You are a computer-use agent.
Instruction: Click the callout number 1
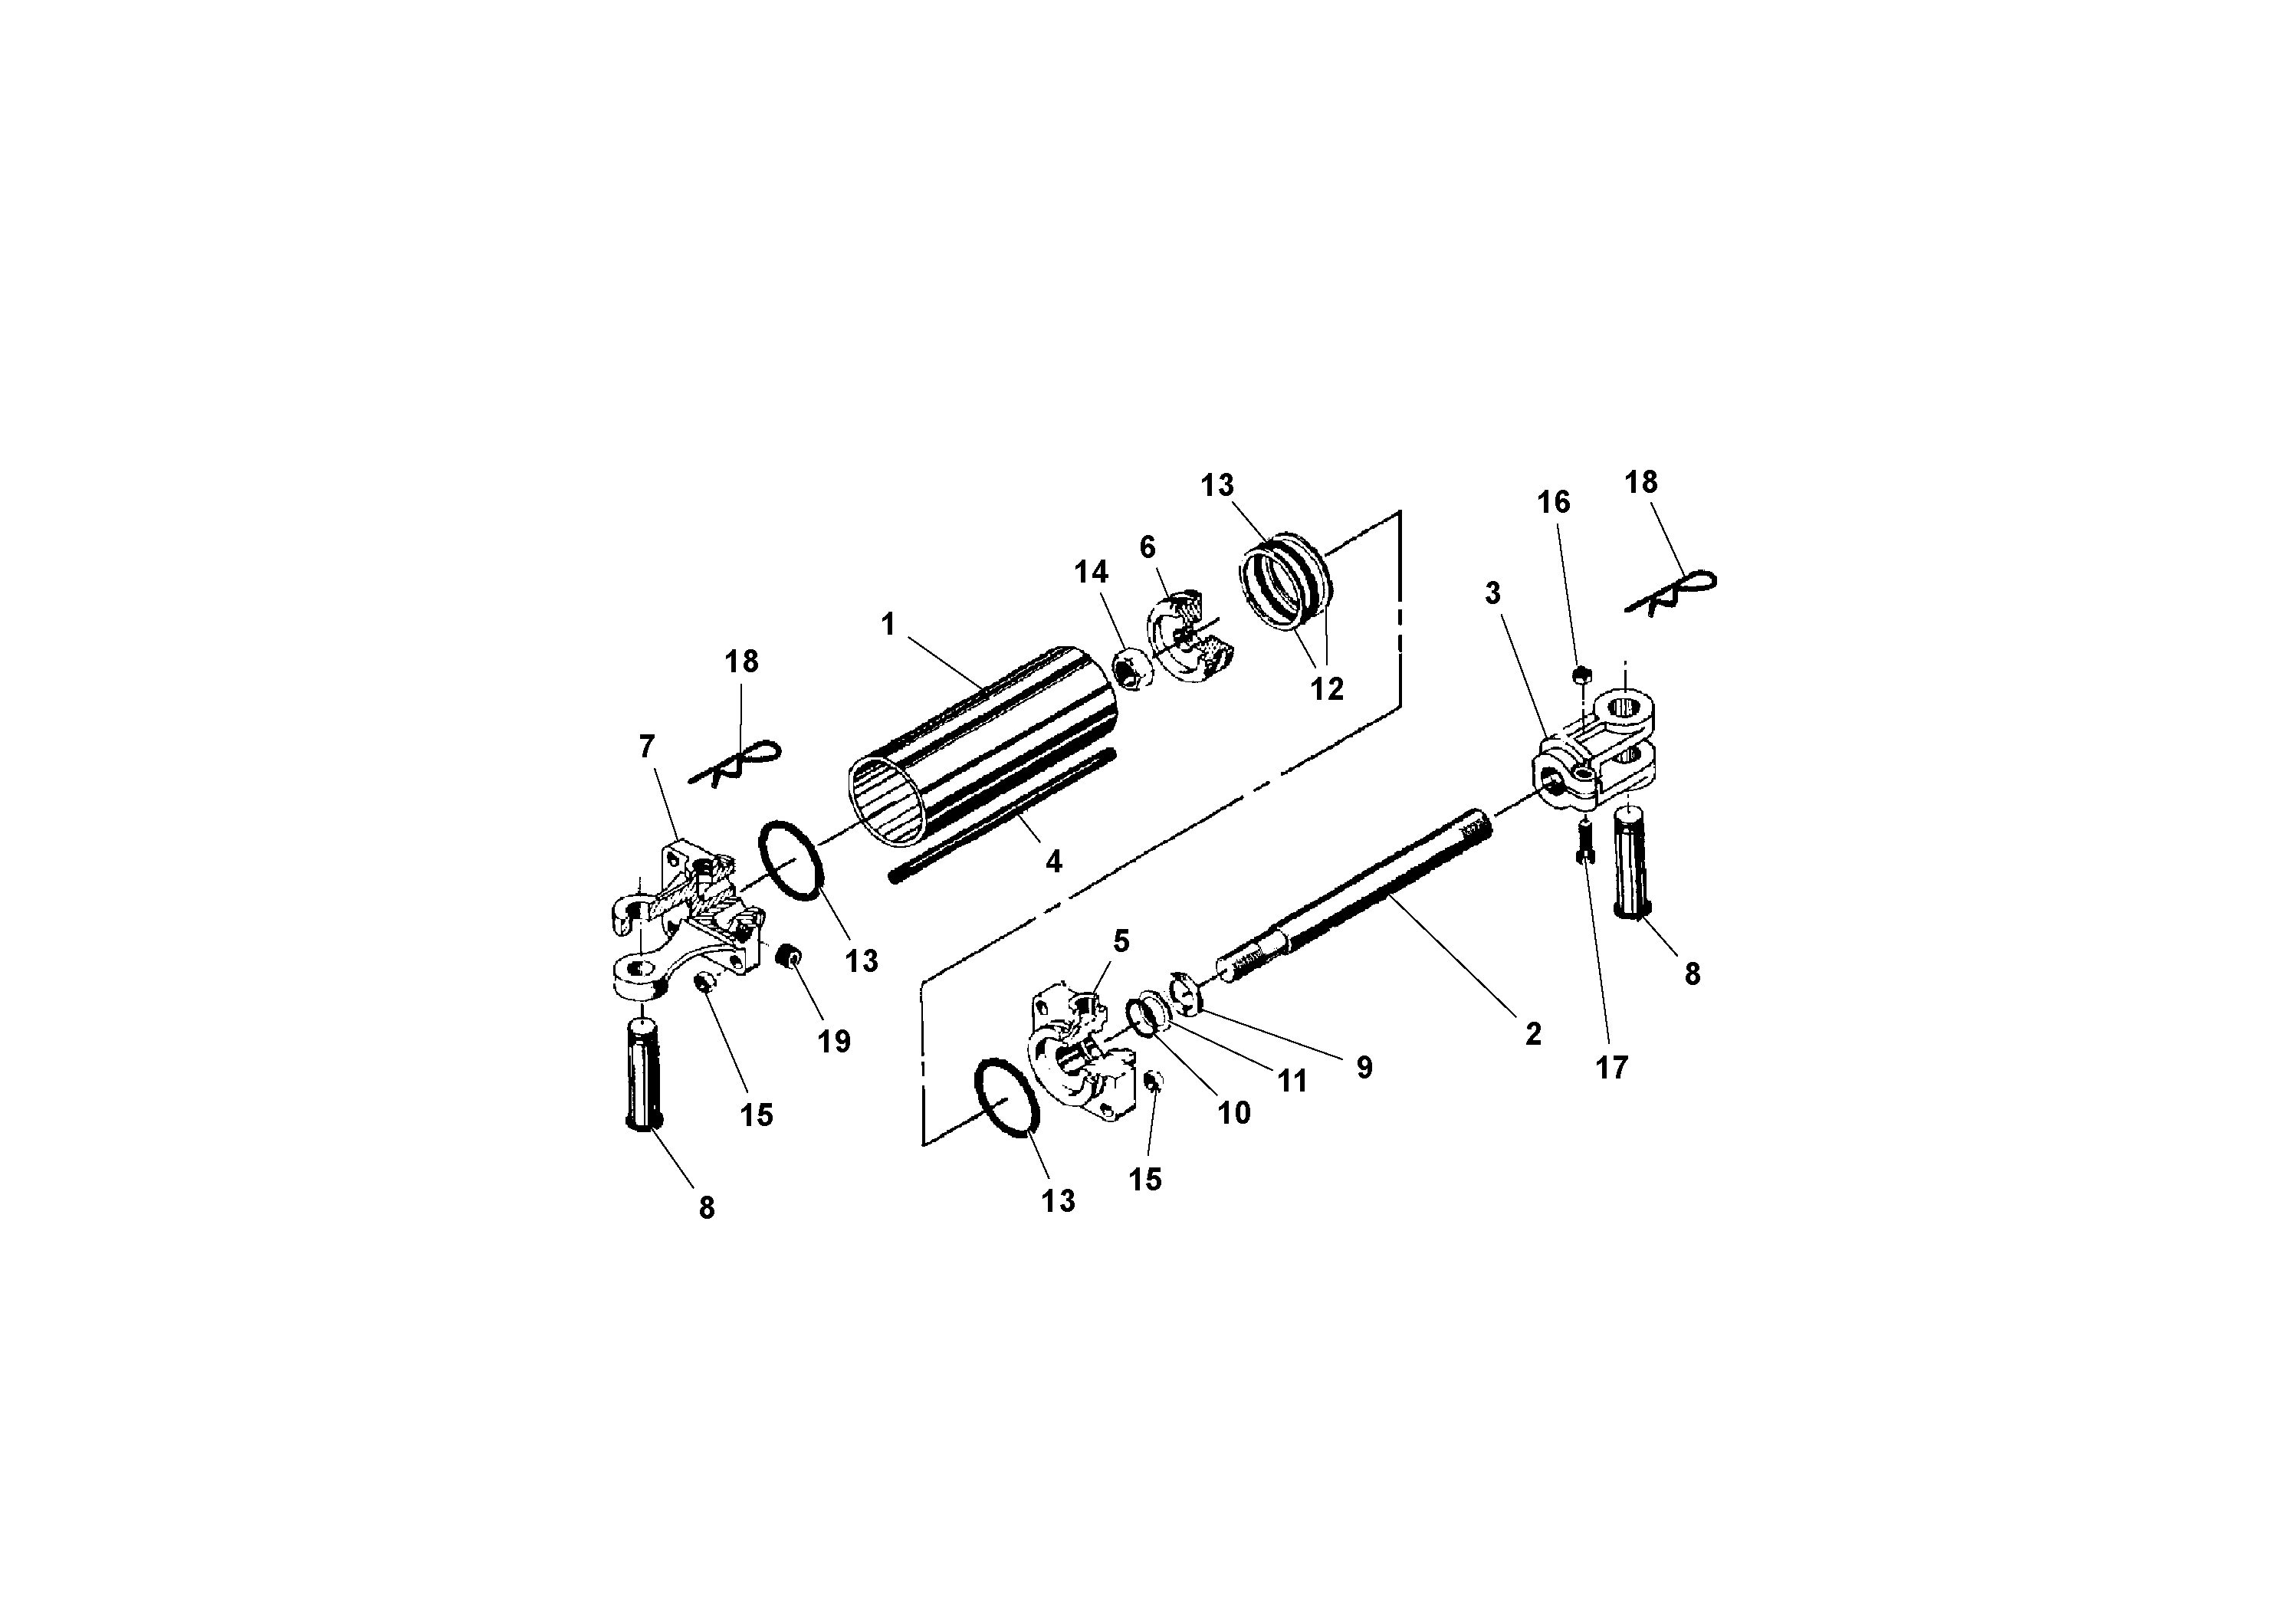888,624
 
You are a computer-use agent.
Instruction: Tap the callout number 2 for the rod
1532,1033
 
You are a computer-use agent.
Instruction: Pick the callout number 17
1611,1067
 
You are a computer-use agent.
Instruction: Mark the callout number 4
1053,861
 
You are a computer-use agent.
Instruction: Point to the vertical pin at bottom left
644,1073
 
